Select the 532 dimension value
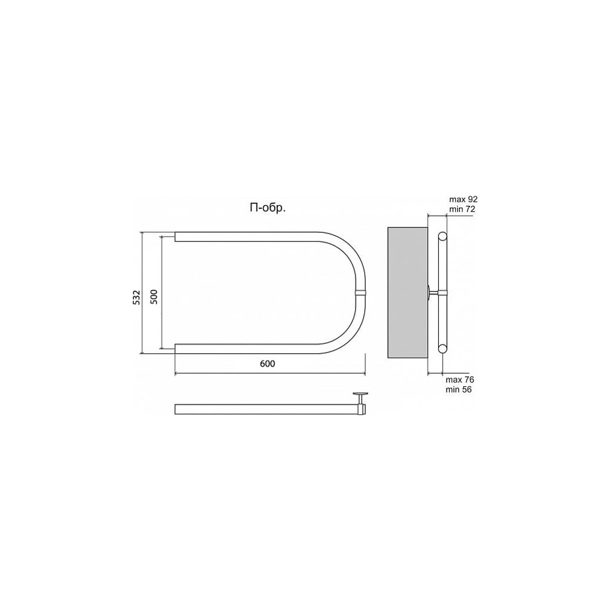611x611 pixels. [136, 298]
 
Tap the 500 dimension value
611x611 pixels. [155, 297]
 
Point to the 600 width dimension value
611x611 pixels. [268, 364]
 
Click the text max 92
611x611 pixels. [463, 200]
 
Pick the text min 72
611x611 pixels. [462, 209]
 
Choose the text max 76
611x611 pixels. [460, 379]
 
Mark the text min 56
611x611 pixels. [459, 389]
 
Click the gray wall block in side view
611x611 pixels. [408, 293]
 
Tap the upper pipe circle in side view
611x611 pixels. [442, 236]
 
